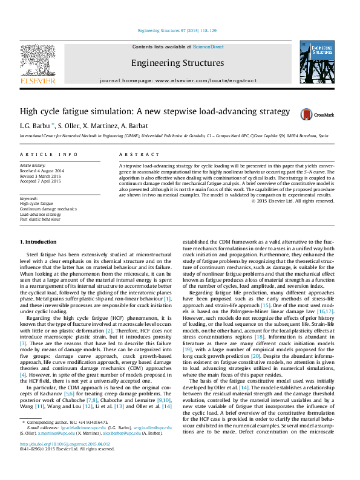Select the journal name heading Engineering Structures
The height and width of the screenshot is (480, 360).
(x=177, y=63)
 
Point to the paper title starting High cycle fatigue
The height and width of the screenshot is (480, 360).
(x=138, y=112)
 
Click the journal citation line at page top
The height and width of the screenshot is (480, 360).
(x=177, y=30)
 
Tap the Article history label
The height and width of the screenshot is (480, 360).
(x=33, y=164)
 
